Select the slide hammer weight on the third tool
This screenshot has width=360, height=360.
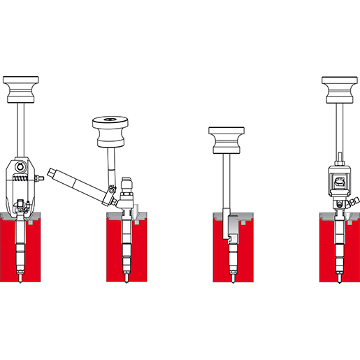point(226,140)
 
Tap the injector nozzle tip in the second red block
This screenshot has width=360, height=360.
point(126,279)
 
